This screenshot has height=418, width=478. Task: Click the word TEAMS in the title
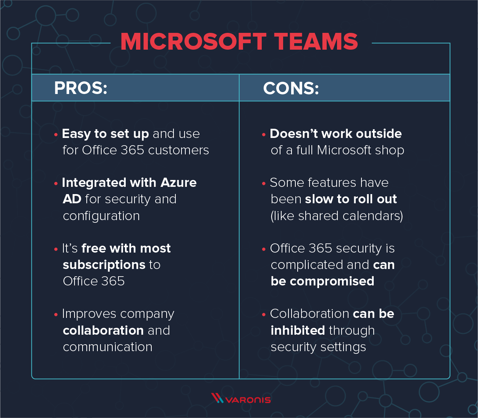316,42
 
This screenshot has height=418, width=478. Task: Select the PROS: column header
81,88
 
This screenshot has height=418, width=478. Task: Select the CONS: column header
291,89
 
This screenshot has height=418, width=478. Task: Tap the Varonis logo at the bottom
241,399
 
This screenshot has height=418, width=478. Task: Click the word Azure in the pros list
178,183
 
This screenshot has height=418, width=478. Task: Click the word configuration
101,216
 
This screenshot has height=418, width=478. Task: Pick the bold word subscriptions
104,265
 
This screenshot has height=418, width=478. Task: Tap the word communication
107,347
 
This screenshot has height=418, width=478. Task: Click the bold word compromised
332,281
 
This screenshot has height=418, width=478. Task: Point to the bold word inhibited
298,331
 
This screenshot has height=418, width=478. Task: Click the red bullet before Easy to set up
56,134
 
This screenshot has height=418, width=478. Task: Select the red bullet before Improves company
56,315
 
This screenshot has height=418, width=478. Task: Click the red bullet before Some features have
264,184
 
